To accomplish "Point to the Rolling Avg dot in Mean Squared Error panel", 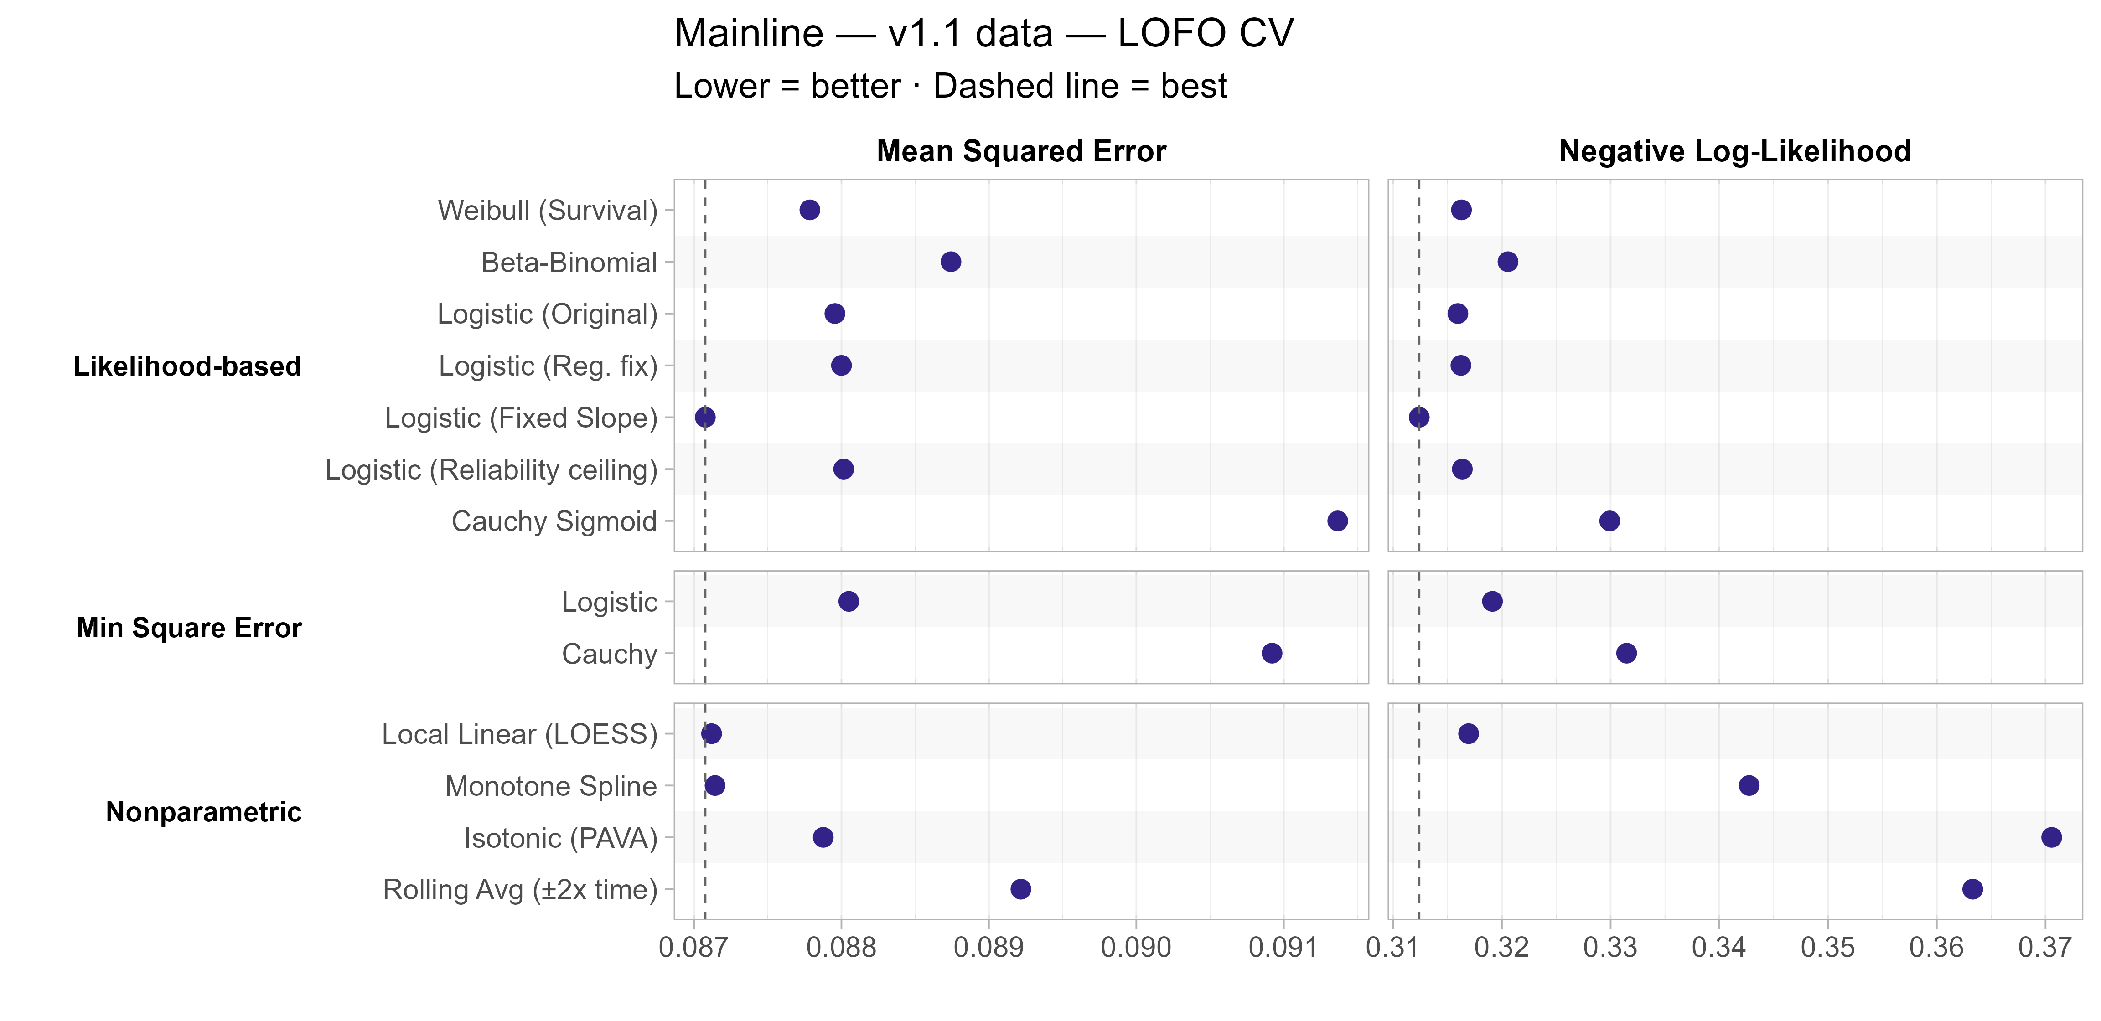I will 1020,889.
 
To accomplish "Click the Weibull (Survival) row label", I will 547,211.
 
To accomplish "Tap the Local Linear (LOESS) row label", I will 519,734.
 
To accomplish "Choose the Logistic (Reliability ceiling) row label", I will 491,470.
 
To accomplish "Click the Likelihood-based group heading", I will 187,366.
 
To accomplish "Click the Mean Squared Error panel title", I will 1021,152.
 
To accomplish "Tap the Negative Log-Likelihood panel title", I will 1735,152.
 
